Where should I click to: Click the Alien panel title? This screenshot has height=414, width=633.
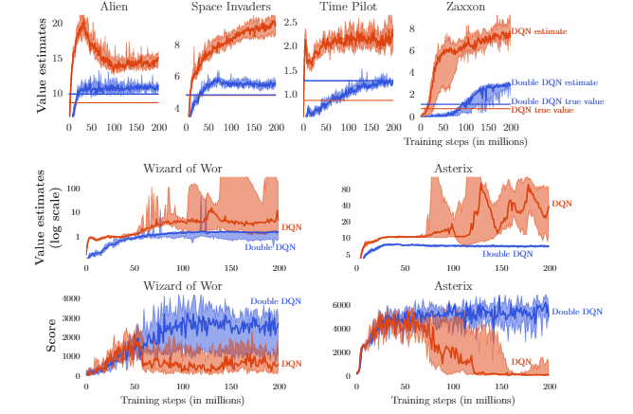pos(114,8)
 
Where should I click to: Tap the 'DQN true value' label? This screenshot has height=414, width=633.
pos(543,110)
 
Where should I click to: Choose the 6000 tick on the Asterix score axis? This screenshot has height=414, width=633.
pos(342,305)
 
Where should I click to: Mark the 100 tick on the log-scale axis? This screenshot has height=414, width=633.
pos(70,189)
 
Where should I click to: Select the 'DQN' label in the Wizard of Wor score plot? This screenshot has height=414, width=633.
pos(292,363)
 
